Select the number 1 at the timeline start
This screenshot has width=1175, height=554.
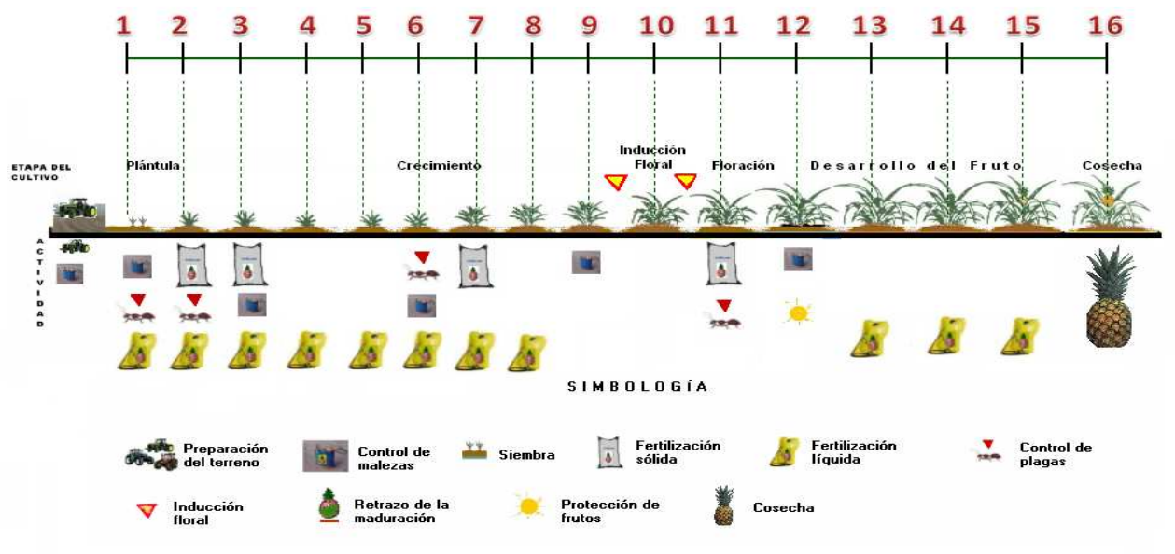pyautogui.click(x=124, y=25)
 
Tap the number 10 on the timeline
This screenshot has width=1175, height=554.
pyautogui.click(x=656, y=25)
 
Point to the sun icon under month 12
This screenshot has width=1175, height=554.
pyautogui.click(x=798, y=312)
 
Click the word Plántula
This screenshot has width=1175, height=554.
pyautogui.click(x=153, y=165)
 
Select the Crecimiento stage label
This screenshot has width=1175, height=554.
pyautogui.click(x=438, y=165)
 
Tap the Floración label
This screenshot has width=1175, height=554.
pyautogui.click(x=743, y=165)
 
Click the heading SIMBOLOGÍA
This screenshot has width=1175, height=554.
pyautogui.click(x=637, y=386)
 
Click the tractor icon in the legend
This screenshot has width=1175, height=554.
pyautogui.click(x=150, y=454)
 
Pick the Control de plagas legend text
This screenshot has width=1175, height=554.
pyautogui.click(x=1055, y=454)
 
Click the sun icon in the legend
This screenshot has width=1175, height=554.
pyautogui.click(x=529, y=506)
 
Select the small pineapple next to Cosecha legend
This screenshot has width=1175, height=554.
pyautogui.click(x=722, y=506)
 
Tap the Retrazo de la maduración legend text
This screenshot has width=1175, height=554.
pyautogui.click(x=400, y=511)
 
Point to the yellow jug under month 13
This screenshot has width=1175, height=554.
pyautogui.click(x=869, y=338)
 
